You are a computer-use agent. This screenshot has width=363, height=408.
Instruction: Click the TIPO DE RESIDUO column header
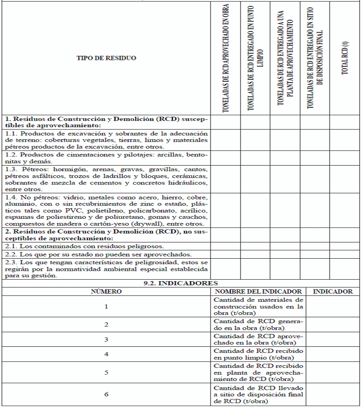[x=106, y=58]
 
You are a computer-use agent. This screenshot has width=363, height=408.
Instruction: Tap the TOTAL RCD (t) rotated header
[x=345, y=58]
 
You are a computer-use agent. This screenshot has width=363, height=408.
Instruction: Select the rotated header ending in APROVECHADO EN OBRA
[x=225, y=58]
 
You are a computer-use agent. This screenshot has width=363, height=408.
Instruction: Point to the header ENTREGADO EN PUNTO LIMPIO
[x=255, y=58]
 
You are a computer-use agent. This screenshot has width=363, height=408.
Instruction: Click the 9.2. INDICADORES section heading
[x=181, y=284]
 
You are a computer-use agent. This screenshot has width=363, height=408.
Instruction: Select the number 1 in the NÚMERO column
[x=106, y=306]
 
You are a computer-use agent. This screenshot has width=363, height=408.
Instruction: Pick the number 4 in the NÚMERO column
[x=106, y=354]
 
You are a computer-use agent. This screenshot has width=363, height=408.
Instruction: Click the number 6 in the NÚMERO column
[x=106, y=394]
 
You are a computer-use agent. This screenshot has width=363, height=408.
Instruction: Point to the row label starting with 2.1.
[x=84, y=246]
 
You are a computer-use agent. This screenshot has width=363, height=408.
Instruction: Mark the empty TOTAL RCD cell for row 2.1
[x=345, y=246]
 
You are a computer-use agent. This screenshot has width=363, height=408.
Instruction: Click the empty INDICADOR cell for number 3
[x=333, y=339]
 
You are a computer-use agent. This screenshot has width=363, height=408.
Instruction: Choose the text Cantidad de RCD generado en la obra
[x=258, y=325]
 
